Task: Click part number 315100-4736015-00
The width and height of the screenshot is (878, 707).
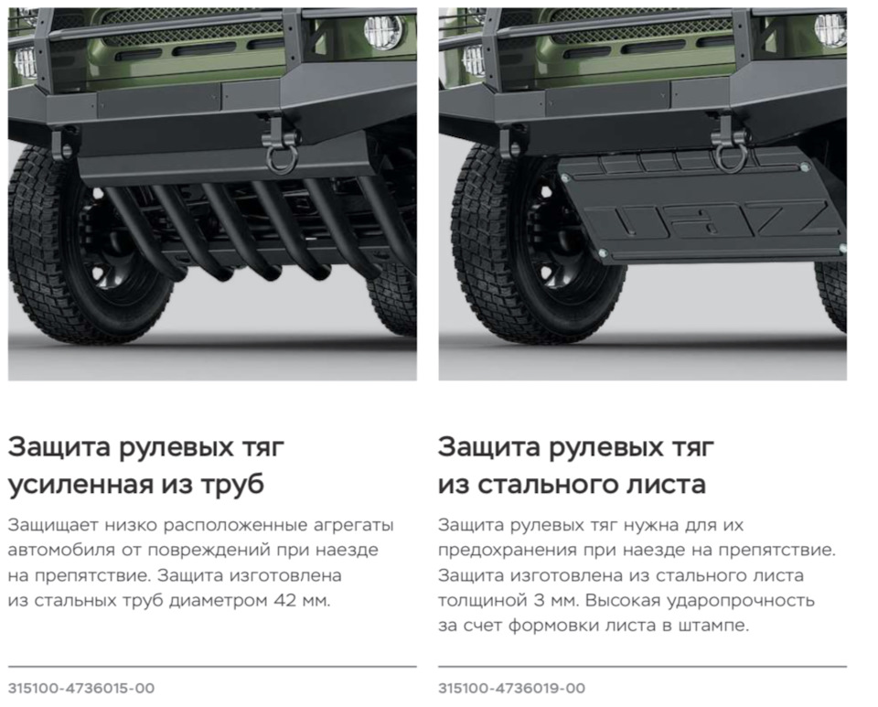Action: coord(80,688)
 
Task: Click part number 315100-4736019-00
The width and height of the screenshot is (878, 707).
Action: coord(511,688)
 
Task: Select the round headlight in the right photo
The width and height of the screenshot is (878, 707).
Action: coord(830,30)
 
